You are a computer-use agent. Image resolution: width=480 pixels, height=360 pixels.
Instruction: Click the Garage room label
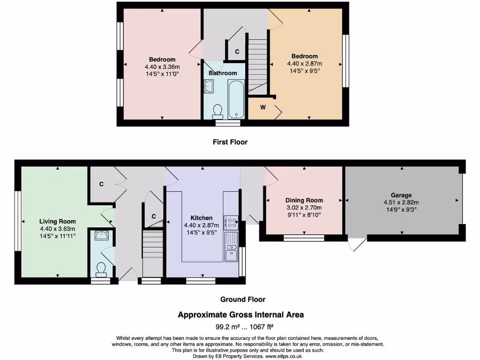pyautogui.click(x=401, y=195)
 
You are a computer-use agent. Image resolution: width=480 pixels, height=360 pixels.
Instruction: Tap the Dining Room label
pyautogui.click(x=304, y=200)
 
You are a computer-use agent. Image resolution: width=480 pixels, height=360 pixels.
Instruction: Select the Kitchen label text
pyautogui.click(x=201, y=218)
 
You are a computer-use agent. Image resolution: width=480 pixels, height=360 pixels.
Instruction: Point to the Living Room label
pyautogui.click(x=57, y=221)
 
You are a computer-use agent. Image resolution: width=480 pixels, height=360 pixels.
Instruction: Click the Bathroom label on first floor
pyautogui.click(x=223, y=73)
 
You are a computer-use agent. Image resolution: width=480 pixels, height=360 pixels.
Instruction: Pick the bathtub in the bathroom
pyautogui.click(x=236, y=99)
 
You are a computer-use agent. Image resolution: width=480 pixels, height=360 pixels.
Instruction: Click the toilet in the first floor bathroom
pyautogui.click(x=217, y=111)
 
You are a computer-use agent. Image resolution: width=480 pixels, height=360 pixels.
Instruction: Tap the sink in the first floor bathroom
pyautogui.click(x=209, y=86)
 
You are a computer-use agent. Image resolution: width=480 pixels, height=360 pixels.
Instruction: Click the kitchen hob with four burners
pyautogui.click(x=231, y=223)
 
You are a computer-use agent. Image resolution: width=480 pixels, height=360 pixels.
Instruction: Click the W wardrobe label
pyautogui.click(x=263, y=107)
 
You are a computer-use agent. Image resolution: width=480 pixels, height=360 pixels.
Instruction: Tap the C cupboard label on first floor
pyautogui.click(x=237, y=52)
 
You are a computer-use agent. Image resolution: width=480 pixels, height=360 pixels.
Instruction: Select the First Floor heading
pyautogui.click(x=230, y=142)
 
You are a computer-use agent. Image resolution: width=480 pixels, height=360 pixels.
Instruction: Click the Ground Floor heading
pyautogui.click(x=243, y=299)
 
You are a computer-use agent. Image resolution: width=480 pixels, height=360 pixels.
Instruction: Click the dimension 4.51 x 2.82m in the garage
pyautogui.click(x=401, y=202)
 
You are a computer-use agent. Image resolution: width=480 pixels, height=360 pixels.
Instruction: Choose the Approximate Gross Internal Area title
pyautogui.click(x=240, y=315)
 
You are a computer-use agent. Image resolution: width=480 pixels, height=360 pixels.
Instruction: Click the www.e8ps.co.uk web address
pyautogui.click(x=284, y=356)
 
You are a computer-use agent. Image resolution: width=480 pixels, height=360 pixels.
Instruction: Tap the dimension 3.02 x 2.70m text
pyautogui.click(x=304, y=207)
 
